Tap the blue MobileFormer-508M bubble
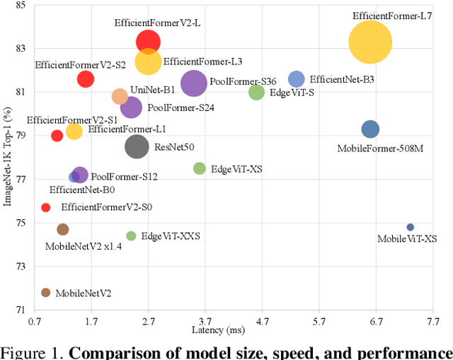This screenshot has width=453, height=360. pos(370,129)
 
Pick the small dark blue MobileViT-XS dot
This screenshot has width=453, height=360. pos(410,227)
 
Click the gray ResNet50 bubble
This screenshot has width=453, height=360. pos(137,146)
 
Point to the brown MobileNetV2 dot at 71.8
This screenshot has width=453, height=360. pos(46,293)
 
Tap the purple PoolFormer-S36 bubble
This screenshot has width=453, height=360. pos(193,83)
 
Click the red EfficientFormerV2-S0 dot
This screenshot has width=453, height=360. pos(46,207)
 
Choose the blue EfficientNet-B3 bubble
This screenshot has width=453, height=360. pos(296,79)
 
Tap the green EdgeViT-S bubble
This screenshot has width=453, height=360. pos(256,92)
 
